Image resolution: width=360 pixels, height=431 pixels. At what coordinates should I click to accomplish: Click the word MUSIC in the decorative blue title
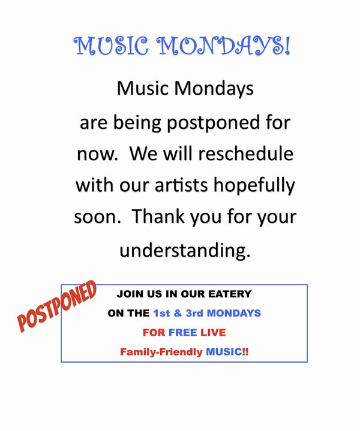(111, 46)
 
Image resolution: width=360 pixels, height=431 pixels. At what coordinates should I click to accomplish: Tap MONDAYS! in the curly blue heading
(223, 46)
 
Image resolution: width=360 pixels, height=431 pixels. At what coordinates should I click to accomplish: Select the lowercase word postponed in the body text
(214, 123)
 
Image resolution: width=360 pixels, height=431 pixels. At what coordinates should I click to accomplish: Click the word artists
(181, 185)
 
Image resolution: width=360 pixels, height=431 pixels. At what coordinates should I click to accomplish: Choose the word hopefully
(254, 186)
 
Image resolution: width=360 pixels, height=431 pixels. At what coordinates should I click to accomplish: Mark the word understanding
(185, 251)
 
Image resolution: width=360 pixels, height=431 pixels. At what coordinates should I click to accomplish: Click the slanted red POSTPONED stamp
(57, 306)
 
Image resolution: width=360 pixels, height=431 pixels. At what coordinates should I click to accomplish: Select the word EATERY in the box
(230, 294)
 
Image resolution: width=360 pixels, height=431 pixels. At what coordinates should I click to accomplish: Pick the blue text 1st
(161, 313)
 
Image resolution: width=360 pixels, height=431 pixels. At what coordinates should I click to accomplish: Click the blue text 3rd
(194, 313)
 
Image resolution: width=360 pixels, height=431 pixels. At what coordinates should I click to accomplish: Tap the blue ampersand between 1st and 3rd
(178, 313)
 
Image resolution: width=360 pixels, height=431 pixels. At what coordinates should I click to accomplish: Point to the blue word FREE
(183, 333)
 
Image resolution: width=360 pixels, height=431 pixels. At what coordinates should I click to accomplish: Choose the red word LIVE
(213, 333)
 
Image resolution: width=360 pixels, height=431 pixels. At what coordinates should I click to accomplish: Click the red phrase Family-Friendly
(161, 352)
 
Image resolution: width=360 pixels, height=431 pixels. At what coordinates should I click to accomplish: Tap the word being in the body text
(137, 123)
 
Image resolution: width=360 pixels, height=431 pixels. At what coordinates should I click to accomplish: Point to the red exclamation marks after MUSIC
(245, 352)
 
